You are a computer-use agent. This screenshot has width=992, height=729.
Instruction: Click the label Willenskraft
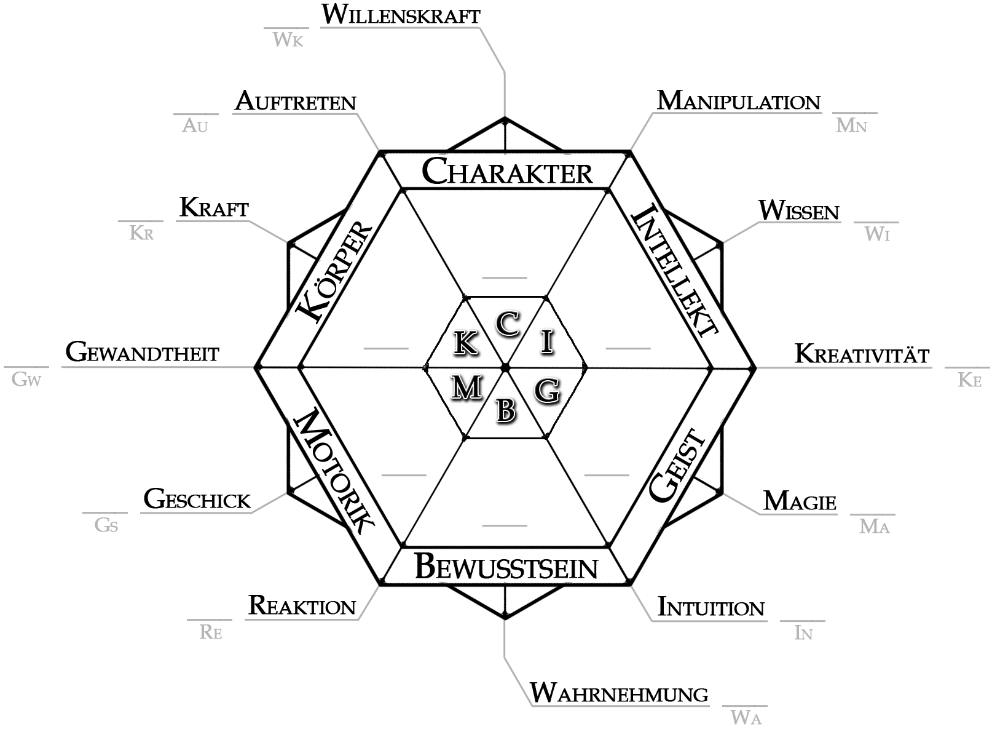400,15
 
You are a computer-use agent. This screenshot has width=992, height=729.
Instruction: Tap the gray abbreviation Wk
288,41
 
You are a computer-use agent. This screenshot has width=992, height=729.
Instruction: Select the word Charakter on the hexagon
507,172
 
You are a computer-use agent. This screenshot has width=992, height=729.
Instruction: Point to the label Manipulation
738,102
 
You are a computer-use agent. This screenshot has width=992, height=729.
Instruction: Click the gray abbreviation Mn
851,126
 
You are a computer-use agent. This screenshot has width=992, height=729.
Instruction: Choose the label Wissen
798,211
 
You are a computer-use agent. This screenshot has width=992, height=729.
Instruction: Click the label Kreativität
862,354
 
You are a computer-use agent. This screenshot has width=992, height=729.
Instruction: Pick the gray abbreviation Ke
969,380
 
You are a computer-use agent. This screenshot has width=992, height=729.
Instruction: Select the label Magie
800,501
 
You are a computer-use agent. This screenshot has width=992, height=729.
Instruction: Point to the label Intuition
711,607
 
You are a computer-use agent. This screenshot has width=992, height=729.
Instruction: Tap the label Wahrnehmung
619,693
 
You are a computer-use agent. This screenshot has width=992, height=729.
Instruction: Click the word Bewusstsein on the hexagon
506,567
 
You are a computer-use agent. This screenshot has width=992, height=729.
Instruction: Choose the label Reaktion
302,606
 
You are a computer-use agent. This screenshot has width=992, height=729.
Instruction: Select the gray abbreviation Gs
106,526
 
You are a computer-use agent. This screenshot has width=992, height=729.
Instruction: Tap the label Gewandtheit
142,353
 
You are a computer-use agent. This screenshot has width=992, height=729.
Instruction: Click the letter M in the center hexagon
466,388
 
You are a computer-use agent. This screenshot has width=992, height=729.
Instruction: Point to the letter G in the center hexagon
546,390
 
